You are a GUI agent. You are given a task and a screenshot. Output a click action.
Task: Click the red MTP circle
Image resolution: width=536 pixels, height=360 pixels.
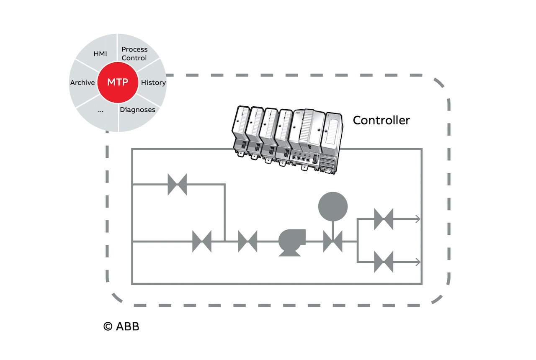click(x=118, y=82)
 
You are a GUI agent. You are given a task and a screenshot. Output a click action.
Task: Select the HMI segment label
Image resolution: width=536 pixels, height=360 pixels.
click(x=100, y=54)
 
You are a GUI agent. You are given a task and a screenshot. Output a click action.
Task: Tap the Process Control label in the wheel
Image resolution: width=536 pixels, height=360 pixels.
click(x=134, y=54)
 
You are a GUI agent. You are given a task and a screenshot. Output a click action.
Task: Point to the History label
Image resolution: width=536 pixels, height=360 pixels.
click(x=153, y=82)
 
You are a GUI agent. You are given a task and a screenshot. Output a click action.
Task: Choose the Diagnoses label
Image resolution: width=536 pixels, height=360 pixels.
click(x=137, y=110)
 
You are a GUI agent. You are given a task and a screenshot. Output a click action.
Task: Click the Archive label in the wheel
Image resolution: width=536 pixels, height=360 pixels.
click(x=82, y=82)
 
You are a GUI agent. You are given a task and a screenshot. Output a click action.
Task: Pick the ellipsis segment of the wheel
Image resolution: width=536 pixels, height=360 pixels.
click(x=100, y=111)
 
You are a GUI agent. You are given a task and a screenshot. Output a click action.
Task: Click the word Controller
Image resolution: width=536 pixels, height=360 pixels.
click(x=381, y=121)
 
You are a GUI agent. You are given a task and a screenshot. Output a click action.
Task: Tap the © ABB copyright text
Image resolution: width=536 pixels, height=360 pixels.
click(x=121, y=326)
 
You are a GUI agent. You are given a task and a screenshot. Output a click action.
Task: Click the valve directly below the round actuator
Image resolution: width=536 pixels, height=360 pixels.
click(x=333, y=242)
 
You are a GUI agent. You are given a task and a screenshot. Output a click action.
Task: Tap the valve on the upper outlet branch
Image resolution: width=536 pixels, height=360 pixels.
click(x=384, y=219)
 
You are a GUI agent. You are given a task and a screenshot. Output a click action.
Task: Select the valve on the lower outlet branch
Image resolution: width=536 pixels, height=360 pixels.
click(x=384, y=262)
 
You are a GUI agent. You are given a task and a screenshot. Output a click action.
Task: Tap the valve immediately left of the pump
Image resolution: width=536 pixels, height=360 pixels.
click(x=247, y=242)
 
